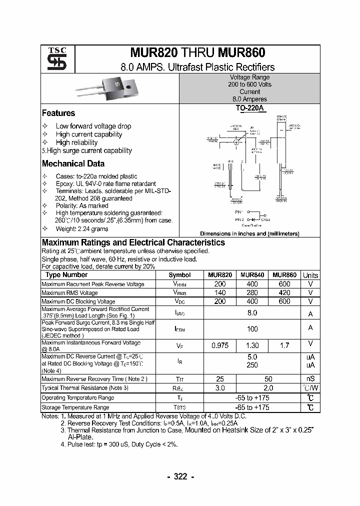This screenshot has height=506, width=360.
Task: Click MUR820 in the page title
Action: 150,53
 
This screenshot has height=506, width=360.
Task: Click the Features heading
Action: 58,113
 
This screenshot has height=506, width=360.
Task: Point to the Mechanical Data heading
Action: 73,163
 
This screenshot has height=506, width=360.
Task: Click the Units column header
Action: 310,275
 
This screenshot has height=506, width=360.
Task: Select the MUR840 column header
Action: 252,275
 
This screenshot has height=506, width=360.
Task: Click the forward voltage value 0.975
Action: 220,345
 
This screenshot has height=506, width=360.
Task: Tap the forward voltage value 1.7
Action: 284,345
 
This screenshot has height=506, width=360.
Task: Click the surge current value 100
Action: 252,329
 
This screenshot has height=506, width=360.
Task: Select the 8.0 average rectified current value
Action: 252,313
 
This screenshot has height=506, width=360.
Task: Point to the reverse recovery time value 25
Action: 220,379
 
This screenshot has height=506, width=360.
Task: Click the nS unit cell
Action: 310,379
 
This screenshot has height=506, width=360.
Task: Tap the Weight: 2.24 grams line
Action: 82,228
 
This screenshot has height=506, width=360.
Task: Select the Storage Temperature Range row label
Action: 75,408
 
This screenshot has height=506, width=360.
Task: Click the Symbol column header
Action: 179,275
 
